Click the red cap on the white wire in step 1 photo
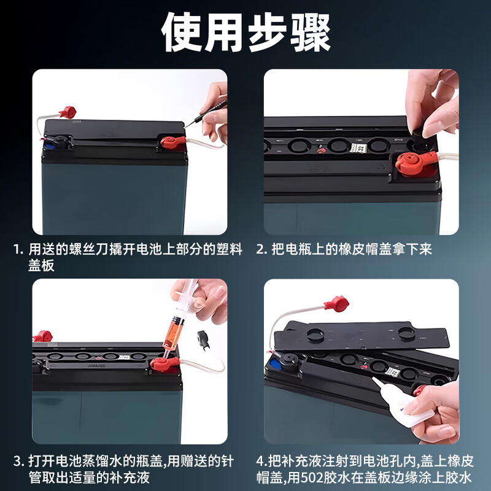pos(67,112)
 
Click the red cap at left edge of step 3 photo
pos(42,336)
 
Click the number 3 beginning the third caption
pos(18,461)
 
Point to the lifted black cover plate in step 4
pos(362,338)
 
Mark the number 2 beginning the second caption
pos(260,250)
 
